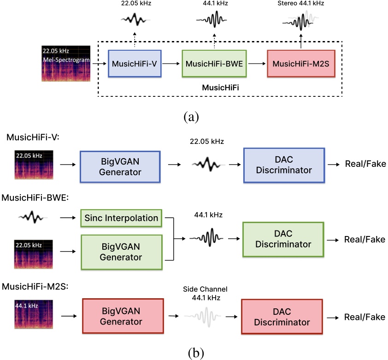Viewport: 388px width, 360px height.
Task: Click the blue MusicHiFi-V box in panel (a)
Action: (x=134, y=64)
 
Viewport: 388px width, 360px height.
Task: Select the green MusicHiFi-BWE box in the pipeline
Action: (x=214, y=64)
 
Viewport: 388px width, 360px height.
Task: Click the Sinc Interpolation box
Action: (x=121, y=217)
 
